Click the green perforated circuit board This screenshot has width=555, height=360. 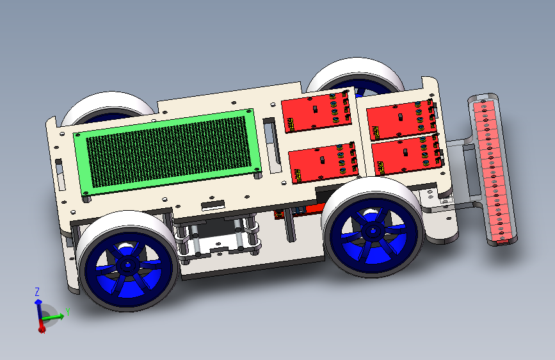pyautogui.click(x=167, y=152)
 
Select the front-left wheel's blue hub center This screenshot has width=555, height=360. pyautogui.click(x=128, y=264)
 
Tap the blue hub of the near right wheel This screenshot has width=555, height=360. pyautogui.click(x=373, y=231)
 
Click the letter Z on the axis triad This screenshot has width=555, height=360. pyautogui.click(x=37, y=291)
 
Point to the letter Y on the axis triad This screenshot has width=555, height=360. pyautogui.click(x=68, y=312)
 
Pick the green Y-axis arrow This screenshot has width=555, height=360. pyautogui.click(x=53, y=316)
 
